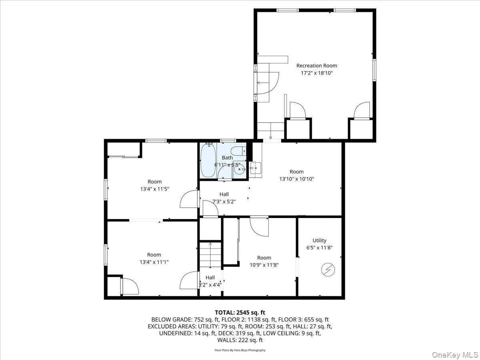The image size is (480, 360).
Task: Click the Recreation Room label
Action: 317,66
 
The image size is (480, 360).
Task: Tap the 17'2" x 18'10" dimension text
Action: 317,73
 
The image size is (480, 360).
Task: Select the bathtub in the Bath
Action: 208,160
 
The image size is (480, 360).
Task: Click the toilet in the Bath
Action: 238,151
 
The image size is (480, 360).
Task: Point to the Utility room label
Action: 320,240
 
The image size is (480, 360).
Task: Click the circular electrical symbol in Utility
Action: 328,270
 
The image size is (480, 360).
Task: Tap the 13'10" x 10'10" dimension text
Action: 297,179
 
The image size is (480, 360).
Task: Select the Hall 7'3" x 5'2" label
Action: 224,198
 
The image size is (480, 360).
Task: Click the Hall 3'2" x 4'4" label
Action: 210,281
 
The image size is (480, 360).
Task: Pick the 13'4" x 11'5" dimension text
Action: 155,189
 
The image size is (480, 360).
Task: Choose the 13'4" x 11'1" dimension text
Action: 154,262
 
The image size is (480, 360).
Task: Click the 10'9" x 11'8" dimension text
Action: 264,265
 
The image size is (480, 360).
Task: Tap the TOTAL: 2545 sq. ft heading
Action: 240,312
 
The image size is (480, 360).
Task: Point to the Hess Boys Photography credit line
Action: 240,350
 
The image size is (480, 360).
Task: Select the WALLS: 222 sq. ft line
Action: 240,340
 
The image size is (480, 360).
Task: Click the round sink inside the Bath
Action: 239,169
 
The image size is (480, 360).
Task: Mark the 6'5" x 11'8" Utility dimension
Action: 320,248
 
